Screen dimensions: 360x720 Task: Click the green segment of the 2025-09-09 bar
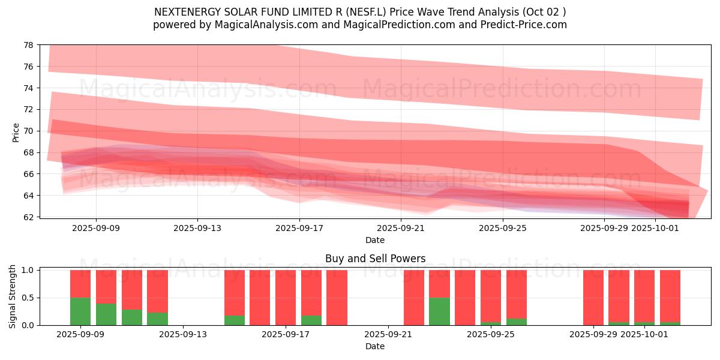[80, 311]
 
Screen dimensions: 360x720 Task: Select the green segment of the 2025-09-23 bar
[439, 311]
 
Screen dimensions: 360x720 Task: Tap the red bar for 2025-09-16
[260, 298]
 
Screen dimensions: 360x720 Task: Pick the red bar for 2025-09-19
[337, 298]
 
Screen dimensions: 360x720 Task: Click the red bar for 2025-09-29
[593, 298]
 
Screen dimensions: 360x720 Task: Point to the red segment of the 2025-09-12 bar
[157, 291]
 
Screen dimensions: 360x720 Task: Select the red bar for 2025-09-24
[465, 298]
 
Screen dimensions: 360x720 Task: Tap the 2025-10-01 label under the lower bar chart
[644, 334]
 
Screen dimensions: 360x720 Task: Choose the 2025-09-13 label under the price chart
[197, 228]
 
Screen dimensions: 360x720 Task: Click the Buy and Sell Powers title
[375, 259]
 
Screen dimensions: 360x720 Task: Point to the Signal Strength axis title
[12, 297]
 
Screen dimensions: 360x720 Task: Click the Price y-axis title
[16, 132]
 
